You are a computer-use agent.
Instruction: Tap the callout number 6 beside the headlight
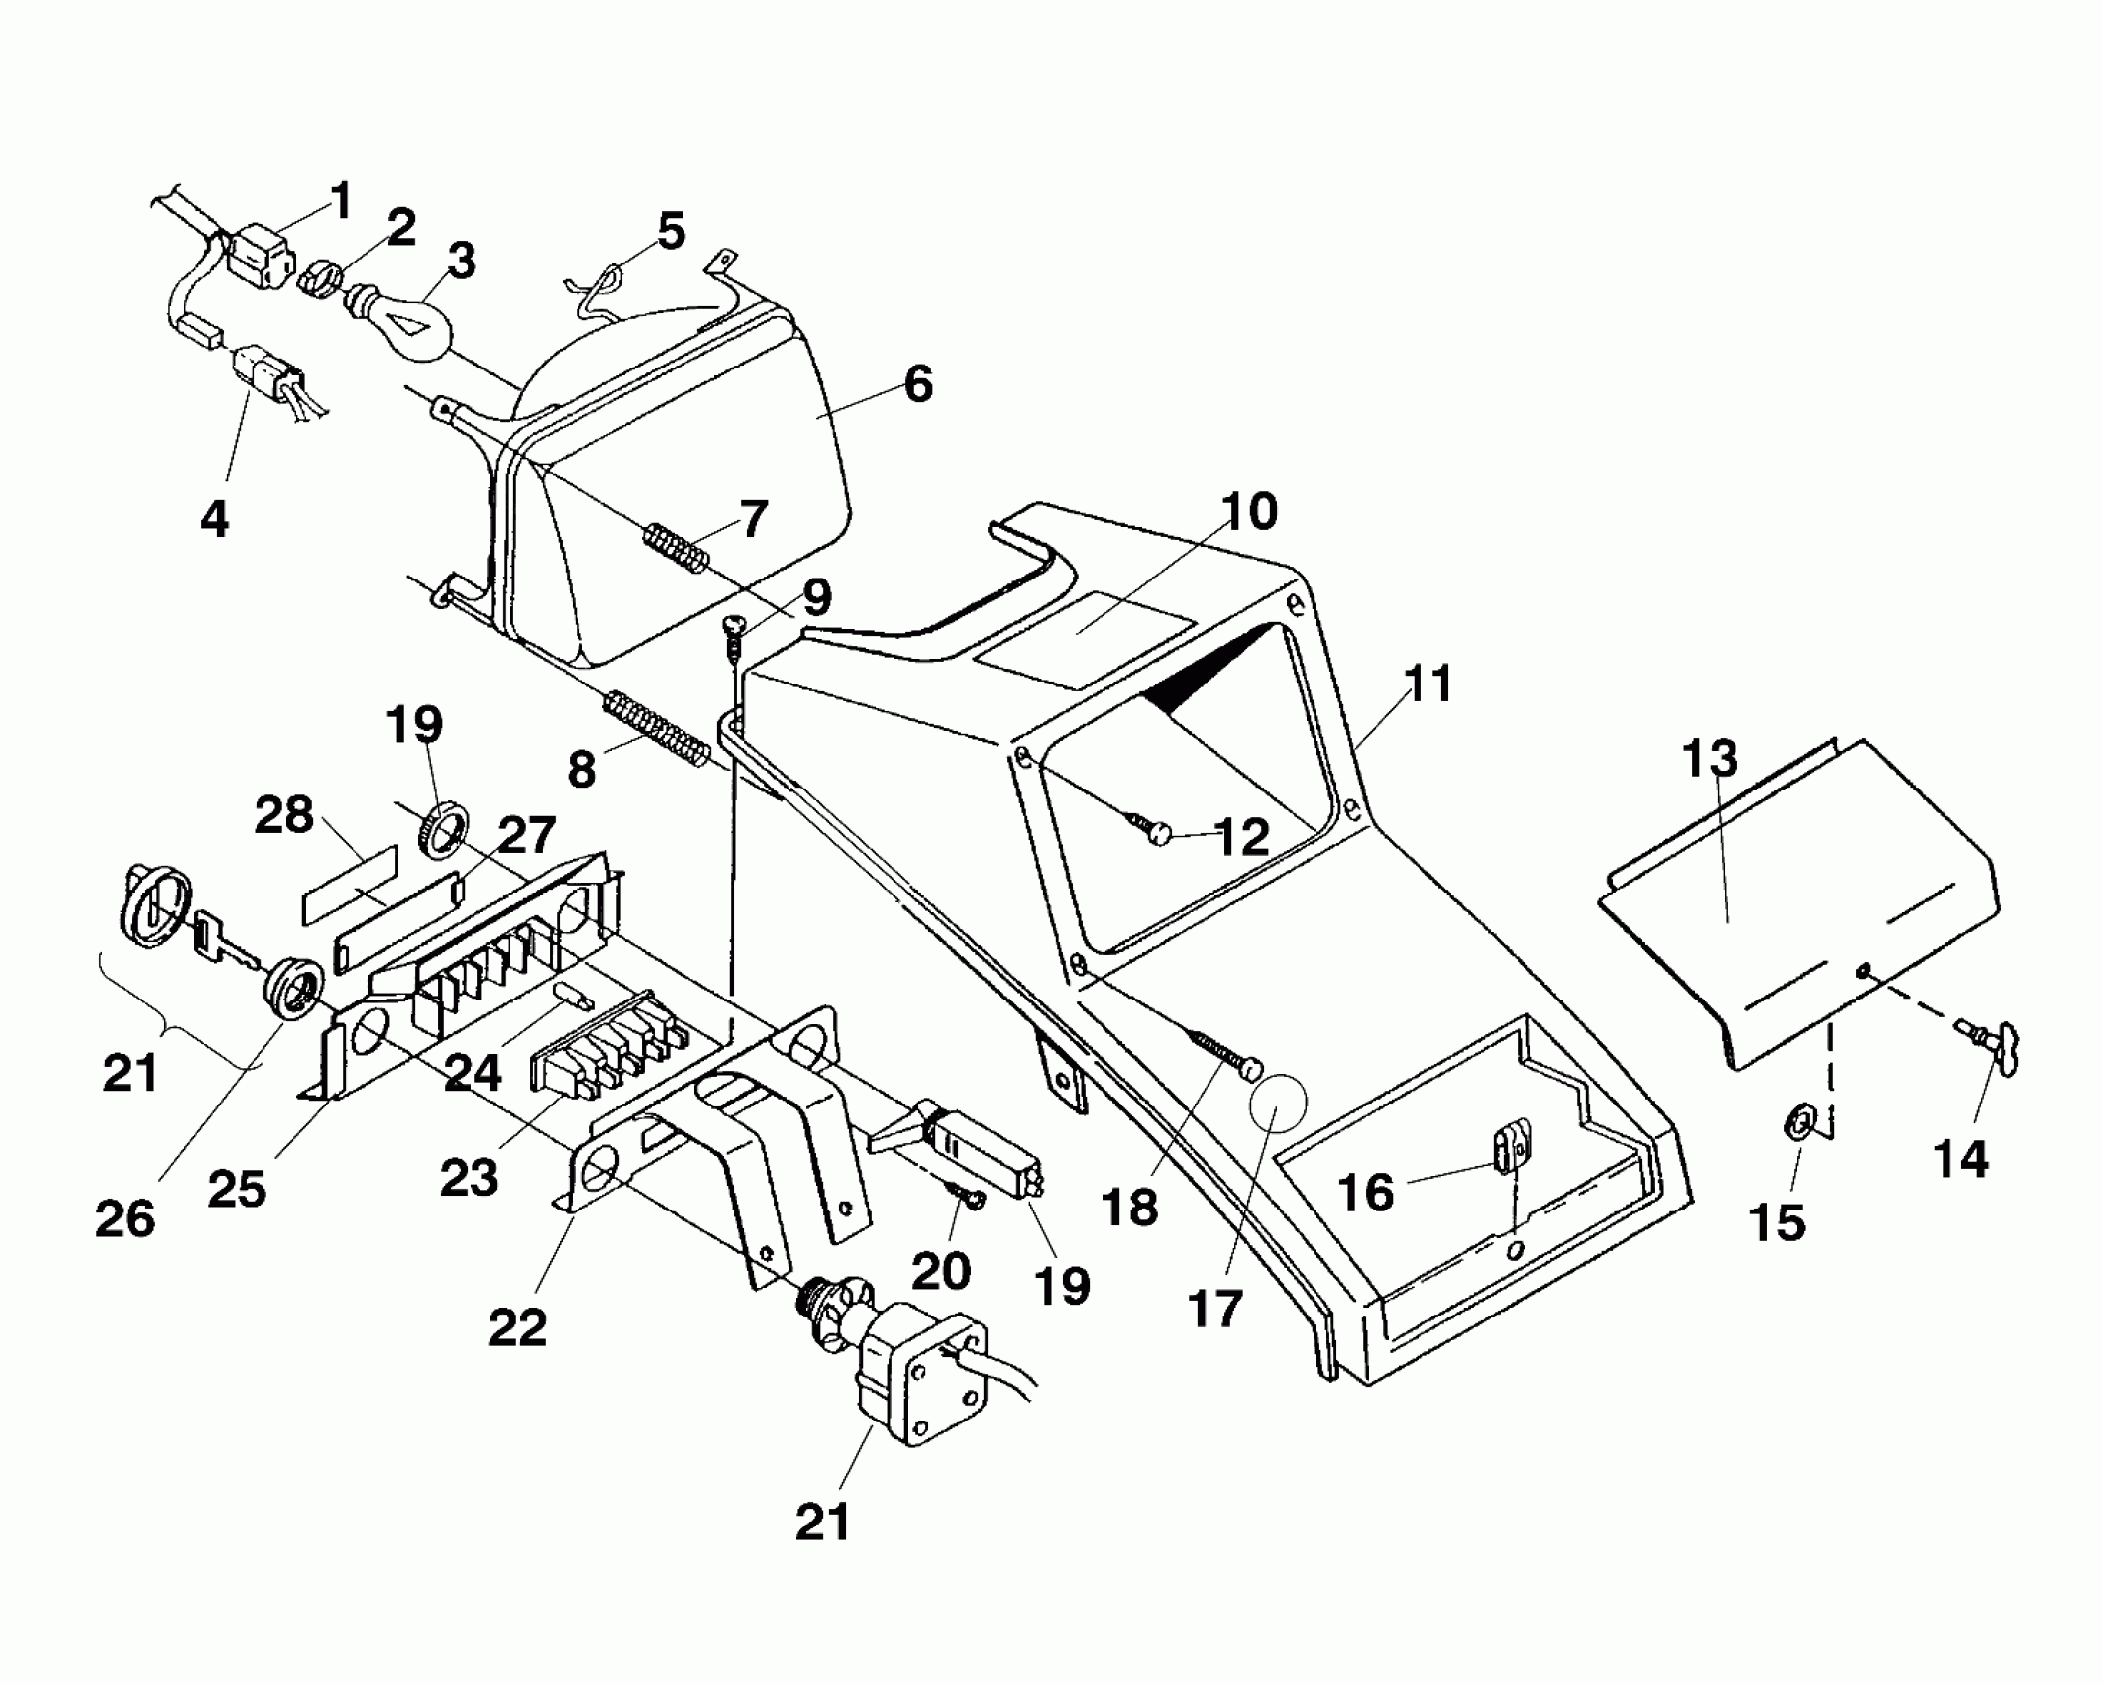pos(918,383)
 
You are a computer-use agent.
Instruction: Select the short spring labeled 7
pos(677,548)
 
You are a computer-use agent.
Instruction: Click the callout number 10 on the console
pos(1249,512)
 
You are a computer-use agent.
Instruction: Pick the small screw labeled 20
pos(965,1198)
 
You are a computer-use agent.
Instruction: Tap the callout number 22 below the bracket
pos(517,1327)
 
